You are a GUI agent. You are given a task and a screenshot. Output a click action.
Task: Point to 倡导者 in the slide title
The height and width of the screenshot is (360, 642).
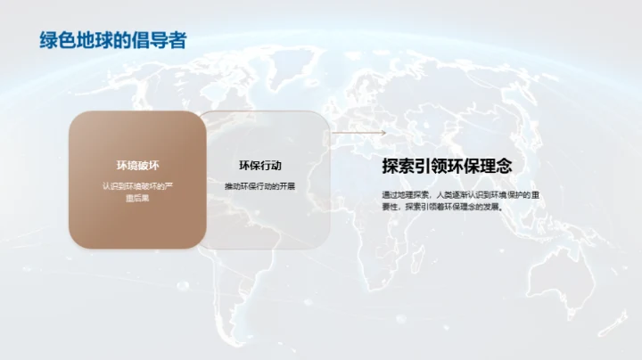(161, 40)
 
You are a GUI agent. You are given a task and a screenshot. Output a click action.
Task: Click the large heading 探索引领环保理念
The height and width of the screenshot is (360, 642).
(447, 166)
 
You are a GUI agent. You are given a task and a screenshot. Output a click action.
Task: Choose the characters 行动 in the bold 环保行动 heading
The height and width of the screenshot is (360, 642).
(277, 166)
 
